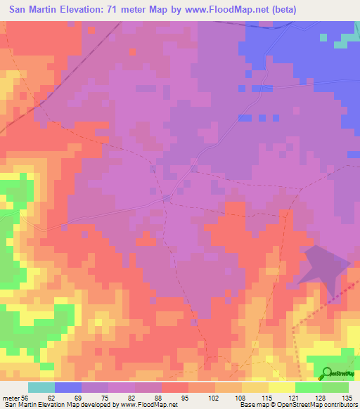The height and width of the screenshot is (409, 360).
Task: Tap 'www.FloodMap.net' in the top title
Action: click(214, 10)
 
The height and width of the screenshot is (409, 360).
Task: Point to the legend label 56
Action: click(26, 398)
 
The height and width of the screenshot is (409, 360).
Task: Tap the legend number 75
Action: click(106, 398)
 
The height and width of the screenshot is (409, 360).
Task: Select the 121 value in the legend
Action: click(295, 398)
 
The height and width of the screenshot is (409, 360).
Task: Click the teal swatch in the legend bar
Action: click(41, 387)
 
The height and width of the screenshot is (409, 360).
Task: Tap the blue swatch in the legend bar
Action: click(68, 387)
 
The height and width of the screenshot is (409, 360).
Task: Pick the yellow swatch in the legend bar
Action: click(282, 387)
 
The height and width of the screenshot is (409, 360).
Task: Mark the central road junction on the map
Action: click(167, 198)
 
